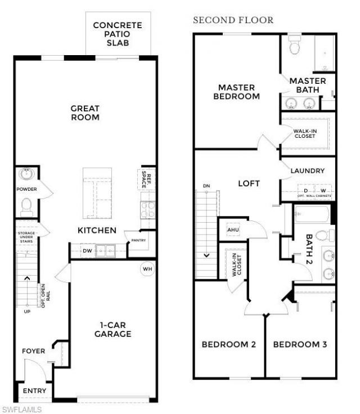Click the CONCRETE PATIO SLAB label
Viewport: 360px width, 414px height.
(x=117, y=34)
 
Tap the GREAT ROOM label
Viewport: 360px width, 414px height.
(x=85, y=113)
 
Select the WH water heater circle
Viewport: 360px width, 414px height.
(x=147, y=269)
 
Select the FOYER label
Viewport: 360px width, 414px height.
(x=33, y=351)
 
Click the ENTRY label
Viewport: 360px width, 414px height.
(x=34, y=390)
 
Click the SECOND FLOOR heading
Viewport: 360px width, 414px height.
(x=233, y=20)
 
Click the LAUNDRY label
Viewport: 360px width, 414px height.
(x=308, y=170)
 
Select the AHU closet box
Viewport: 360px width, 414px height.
(x=233, y=229)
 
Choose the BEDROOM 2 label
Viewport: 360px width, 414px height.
(x=229, y=344)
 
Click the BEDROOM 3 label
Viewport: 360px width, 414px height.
(x=300, y=344)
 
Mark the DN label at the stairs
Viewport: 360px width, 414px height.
(x=206, y=186)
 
